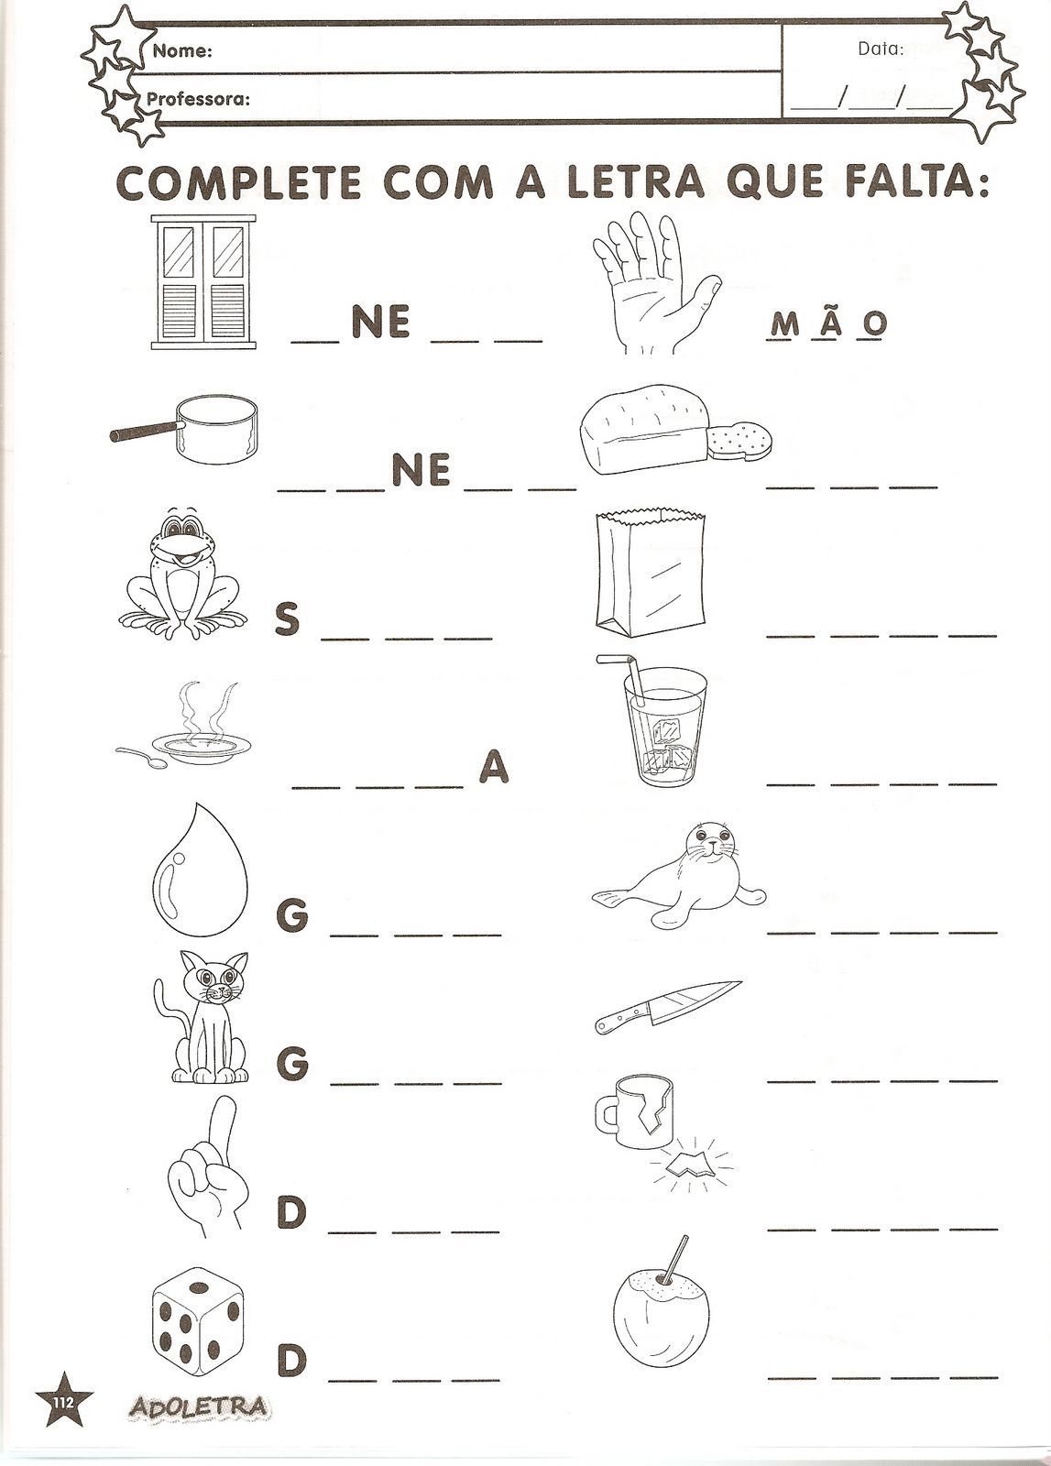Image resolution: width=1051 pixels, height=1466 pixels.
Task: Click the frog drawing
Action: [183, 572]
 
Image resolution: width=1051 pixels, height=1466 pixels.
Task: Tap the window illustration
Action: [203, 282]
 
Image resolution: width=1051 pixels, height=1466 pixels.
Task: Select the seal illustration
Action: [679, 875]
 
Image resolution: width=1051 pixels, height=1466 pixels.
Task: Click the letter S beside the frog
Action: [288, 618]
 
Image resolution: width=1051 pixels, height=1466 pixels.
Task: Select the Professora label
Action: [198, 100]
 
